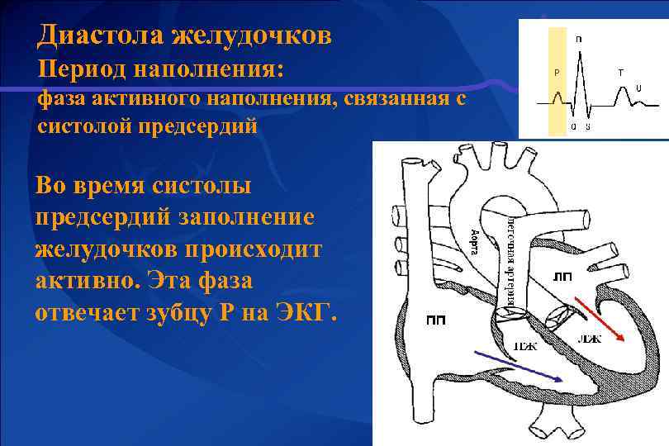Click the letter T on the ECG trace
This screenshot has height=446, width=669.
point(620,73)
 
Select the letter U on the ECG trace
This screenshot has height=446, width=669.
point(638,88)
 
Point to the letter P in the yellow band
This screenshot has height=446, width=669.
point(557,73)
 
